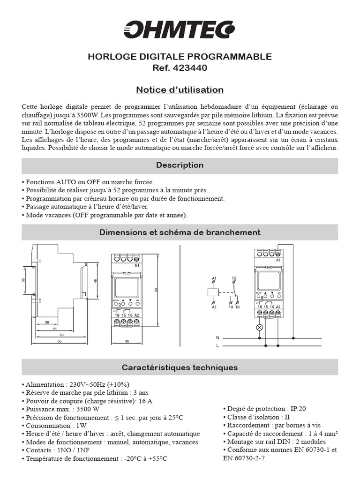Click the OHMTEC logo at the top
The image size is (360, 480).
click(180, 29)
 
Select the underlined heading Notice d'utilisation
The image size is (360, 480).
click(180, 90)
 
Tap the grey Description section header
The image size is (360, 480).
click(180, 165)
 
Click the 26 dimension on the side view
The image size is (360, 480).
click(47, 323)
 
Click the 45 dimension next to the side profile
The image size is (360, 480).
click(96, 281)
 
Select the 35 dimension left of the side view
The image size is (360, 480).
click(23, 280)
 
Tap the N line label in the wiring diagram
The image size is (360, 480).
click(217, 337)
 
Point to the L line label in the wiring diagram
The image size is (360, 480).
click(217, 346)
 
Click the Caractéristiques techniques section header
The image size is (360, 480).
click(180, 367)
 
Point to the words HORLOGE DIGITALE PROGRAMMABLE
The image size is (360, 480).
click(180, 57)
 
